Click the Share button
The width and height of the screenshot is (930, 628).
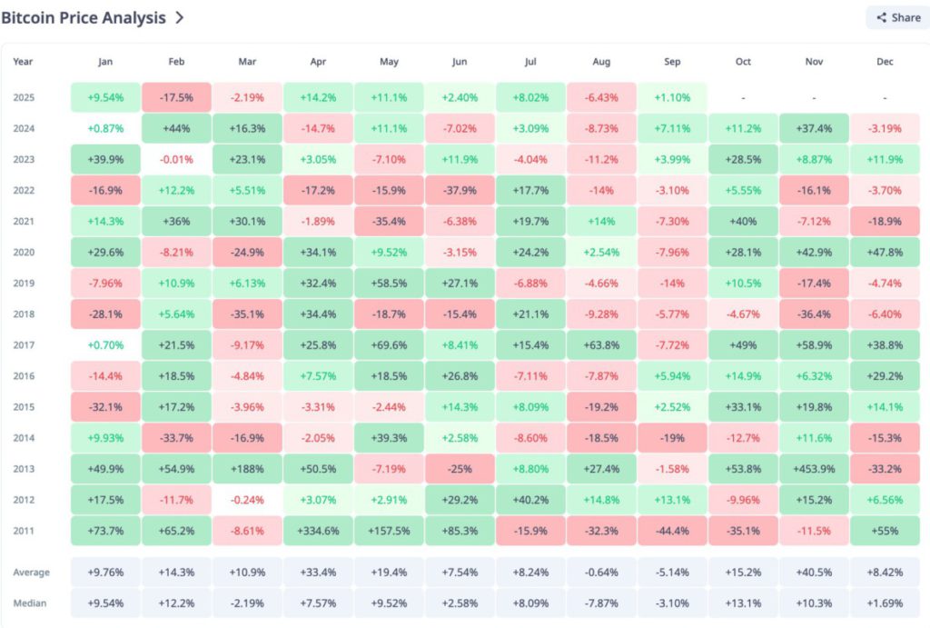tap(897, 17)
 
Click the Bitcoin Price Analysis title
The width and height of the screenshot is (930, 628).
tap(84, 17)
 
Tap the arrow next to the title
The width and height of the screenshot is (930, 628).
tap(180, 17)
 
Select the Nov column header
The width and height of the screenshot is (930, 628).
tap(814, 62)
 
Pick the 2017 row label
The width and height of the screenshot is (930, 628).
tap(25, 344)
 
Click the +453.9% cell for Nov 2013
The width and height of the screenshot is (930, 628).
tap(814, 468)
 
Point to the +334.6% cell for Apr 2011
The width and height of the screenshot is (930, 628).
tap(318, 530)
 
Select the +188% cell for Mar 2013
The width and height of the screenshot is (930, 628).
tap(247, 468)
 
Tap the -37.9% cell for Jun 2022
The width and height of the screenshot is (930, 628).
tap(460, 190)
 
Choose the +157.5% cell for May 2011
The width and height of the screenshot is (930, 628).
tap(389, 530)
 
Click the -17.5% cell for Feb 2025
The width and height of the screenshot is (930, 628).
tap(176, 97)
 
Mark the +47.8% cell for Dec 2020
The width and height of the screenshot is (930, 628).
tap(885, 252)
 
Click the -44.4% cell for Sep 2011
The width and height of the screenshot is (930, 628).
tap(672, 530)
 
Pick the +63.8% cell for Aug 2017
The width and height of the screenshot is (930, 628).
tap(601, 344)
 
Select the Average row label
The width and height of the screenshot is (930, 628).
tap(32, 573)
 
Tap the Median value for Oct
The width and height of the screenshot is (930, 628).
tap(743, 603)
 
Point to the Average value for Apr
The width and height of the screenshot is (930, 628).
tap(318, 573)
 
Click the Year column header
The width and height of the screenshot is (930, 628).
tap(23, 62)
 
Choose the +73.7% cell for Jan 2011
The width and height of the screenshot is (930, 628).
tap(105, 530)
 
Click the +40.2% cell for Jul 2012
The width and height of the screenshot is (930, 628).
tap(530, 499)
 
